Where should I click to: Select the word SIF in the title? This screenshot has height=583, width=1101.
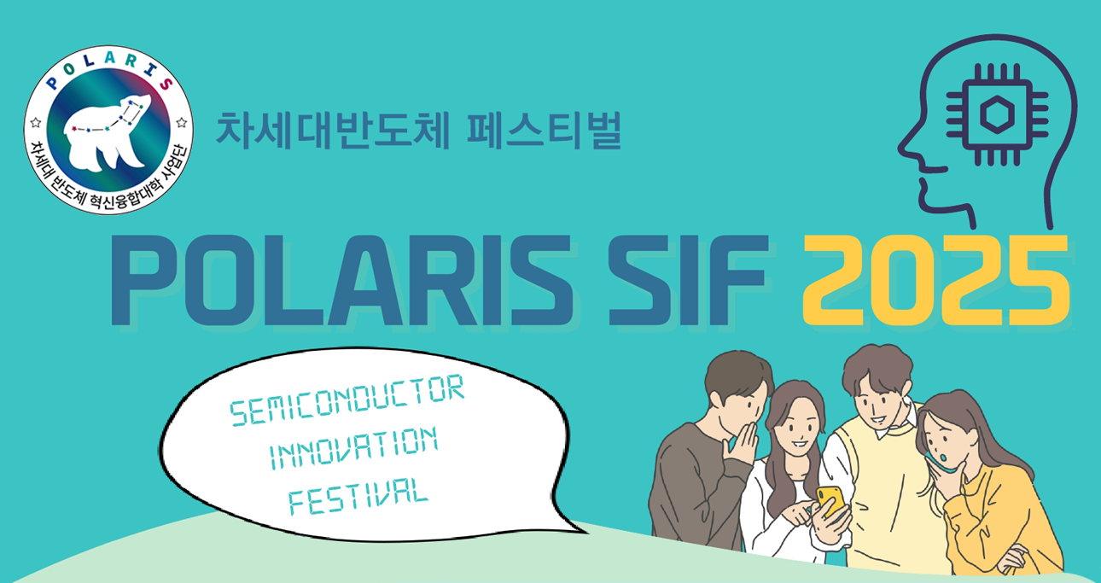coord(688,280)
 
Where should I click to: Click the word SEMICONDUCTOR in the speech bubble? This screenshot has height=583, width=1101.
coord(347,399)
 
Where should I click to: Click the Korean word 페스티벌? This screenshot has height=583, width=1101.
coord(545,130)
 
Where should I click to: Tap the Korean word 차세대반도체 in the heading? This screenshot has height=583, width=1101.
coord(333,130)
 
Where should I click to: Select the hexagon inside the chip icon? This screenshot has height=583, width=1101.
coord(997,114)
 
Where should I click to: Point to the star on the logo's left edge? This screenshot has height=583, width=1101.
coord(36,122)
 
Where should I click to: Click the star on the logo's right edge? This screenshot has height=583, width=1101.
coord(182,122)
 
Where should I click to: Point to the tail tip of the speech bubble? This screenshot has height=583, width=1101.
coord(588,532)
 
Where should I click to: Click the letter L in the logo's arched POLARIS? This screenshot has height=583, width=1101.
coord(89,63)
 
